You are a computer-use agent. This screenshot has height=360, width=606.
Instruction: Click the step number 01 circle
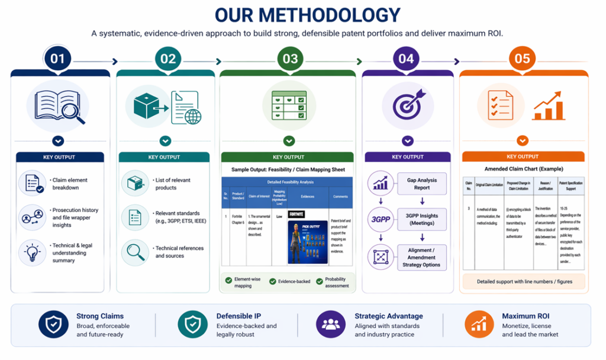point(57,59)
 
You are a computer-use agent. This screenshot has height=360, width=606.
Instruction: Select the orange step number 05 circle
point(523,59)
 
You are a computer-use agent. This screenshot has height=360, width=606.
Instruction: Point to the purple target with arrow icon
point(407,105)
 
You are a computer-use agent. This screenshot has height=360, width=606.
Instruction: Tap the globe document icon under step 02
point(185,107)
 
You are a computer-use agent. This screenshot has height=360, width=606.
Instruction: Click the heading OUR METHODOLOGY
point(302,14)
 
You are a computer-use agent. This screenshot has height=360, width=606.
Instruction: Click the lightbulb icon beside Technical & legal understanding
point(31,252)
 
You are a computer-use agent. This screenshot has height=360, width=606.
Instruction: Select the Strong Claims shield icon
point(53,324)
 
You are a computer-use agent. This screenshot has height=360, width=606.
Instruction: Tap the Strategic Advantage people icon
point(331,324)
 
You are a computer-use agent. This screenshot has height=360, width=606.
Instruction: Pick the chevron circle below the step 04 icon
point(407,141)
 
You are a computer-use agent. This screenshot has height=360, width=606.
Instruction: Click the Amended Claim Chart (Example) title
point(523,169)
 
